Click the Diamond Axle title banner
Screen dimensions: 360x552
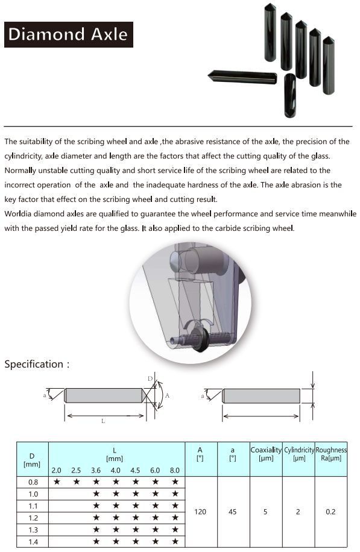click(69, 34)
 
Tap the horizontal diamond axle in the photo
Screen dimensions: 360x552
click(242, 77)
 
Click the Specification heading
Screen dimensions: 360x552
click(37, 364)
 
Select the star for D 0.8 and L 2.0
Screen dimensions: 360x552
click(56, 481)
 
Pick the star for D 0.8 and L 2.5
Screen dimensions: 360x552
click(76, 481)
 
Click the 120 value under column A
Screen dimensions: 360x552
click(200, 512)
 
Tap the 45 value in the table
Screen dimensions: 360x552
click(233, 512)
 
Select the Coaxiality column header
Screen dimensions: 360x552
click(266, 454)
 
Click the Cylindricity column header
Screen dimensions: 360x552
click(298, 454)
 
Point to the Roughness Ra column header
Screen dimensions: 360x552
click(331, 454)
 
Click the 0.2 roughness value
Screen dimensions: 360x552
click(330, 512)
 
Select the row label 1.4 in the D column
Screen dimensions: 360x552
click(33, 542)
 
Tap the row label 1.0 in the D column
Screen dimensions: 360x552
click(33, 494)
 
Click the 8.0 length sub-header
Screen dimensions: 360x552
click(175, 470)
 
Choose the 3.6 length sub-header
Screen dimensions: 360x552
click(96, 470)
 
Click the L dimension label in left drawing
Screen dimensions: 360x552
click(103, 421)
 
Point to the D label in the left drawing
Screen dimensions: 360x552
click(150, 379)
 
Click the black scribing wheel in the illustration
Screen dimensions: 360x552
click(200, 340)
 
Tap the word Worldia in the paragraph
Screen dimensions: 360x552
click(17, 214)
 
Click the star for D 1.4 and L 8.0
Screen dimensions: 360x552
click(175, 541)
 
